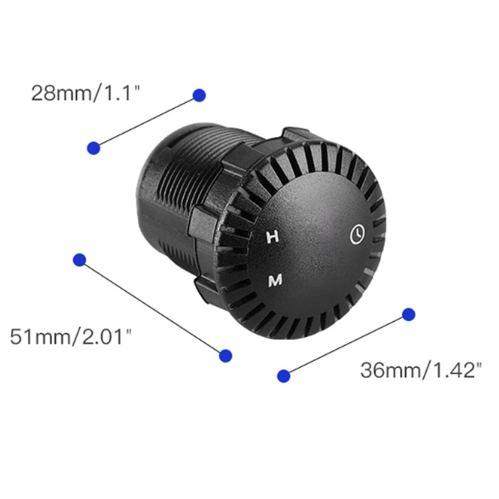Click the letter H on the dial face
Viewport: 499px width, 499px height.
tap(272, 237)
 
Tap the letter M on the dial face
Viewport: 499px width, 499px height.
tap(275, 280)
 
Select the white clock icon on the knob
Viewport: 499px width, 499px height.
tap(358, 234)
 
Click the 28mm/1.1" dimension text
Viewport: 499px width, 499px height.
tap(85, 93)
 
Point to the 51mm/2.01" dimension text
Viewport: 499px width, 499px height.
tap(71, 336)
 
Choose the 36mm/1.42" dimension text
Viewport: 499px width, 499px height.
tap(421, 370)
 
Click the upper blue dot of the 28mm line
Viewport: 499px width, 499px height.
tap(199, 95)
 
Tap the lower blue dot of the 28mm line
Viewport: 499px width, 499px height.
tap(94, 148)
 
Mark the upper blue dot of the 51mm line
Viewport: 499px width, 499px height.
tap(79, 260)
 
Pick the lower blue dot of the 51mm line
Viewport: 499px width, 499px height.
tap(226, 355)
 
